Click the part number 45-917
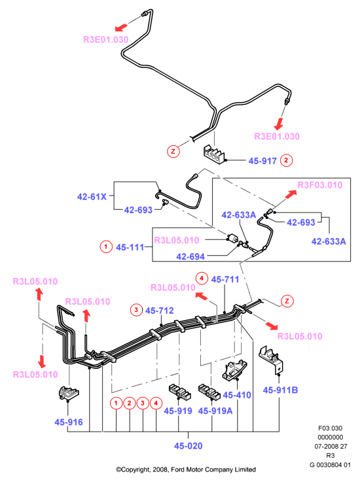click(262, 161)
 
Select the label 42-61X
click(92, 196)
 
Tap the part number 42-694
click(190, 256)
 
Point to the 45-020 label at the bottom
click(189, 446)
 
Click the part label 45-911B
click(280, 390)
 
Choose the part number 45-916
click(69, 422)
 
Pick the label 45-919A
click(215, 411)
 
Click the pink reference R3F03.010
click(320, 184)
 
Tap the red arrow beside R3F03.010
click(291, 194)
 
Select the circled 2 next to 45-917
click(287, 160)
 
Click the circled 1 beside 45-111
click(106, 247)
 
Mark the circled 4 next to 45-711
click(202, 279)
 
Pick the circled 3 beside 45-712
click(136, 309)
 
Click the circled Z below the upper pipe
click(173, 151)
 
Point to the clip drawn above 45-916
click(68, 393)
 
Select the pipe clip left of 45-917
click(215, 154)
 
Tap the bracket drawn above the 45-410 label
click(235, 370)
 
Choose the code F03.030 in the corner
click(330, 428)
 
